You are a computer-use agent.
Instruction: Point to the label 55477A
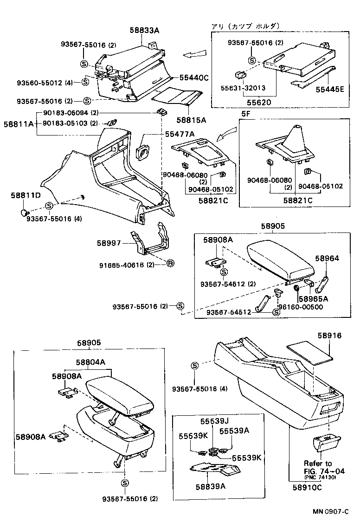click(x=180, y=134)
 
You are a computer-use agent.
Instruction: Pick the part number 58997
click(x=109, y=243)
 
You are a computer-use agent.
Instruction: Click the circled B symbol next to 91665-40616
click(x=170, y=264)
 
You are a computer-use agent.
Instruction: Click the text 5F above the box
click(x=245, y=113)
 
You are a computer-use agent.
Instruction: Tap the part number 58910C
click(x=307, y=487)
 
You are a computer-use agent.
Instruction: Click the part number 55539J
click(x=215, y=421)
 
